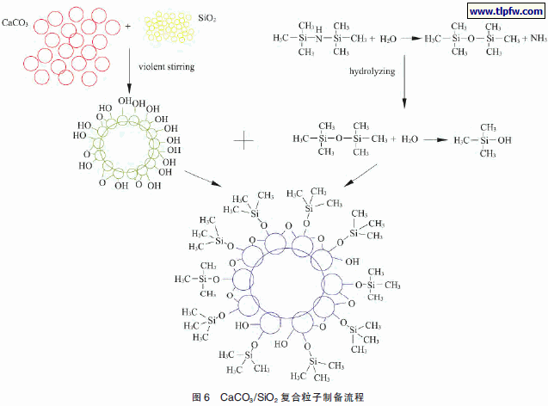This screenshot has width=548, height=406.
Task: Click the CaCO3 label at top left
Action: pyautogui.click(x=15, y=23)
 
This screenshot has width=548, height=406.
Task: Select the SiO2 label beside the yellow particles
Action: pyautogui.click(x=206, y=18)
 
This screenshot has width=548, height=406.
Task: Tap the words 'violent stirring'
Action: pyautogui.click(x=166, y=66)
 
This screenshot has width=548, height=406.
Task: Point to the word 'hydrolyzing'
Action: pyautogui.click(x=372, y=71)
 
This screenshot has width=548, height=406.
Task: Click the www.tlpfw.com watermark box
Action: pyautogui.click(x=506, y=11)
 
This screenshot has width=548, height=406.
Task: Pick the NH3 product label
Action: pyautogui.click(x=539, y=38)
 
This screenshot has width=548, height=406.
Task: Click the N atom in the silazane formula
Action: pyautogui.click(x=318, y=39)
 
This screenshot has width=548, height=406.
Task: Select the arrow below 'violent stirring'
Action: pyautogui.click(x=129, y=71)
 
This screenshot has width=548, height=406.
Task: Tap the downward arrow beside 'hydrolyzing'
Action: pyautogui.click(x=404, y=82)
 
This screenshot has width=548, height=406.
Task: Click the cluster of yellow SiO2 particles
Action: pyautogui.click(x=169, y=27)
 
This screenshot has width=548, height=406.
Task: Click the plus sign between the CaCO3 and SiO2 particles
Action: pyautogui.click(x=128, y=26)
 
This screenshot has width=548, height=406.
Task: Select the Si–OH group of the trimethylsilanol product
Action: pyautogui.click(x=496, y=140)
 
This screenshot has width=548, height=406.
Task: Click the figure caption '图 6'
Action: pyautogui.click(x=200, y=397)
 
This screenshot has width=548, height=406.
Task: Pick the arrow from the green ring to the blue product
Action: pyautogui.click(x=203, y=178)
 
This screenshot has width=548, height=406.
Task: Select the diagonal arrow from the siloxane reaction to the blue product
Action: pyautogui.click(x=360, y=175)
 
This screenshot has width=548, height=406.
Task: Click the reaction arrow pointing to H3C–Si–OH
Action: pyautogui.click(x=435, y=140)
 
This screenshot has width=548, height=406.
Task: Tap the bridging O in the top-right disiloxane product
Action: pyautogui.click(x=471, y=39)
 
